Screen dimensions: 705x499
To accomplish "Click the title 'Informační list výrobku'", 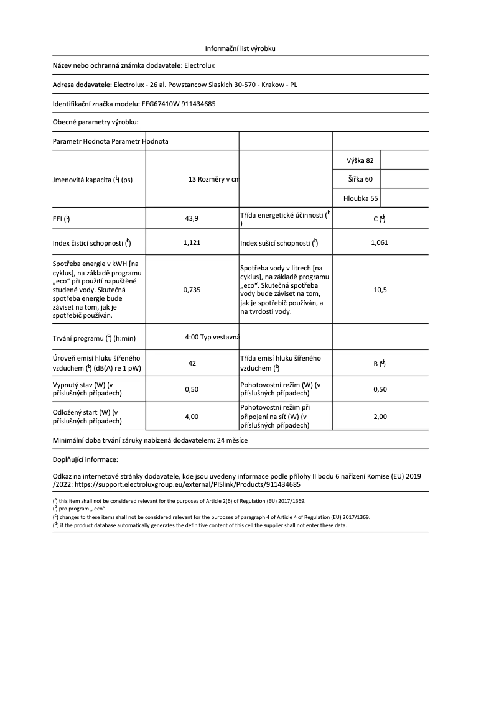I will (240, 48).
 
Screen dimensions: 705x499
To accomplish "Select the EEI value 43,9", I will (192, 218).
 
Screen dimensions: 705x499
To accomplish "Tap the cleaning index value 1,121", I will (192, 242).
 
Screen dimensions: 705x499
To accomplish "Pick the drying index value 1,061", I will (379, 242).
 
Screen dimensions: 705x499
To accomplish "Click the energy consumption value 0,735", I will (192, 290).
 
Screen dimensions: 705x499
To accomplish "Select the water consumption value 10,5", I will (379, 290).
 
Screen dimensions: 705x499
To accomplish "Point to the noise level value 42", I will (192, 363).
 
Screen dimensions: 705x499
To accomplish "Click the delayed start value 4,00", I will (192, 417).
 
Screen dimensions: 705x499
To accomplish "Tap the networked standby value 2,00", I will (379, 417).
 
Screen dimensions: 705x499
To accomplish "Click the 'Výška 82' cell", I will (360, 160).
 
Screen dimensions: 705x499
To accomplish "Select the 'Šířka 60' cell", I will (360, 180).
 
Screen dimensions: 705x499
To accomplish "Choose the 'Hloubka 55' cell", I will (360, 199).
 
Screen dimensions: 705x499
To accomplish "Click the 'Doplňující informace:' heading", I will (85, 459).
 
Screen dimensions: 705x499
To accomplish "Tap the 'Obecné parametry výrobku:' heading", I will (95, 122).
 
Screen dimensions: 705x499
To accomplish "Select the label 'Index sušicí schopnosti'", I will (276, 243).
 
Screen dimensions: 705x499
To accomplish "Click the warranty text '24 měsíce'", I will (231, 440).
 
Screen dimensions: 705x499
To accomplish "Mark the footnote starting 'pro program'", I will (82, 509).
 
